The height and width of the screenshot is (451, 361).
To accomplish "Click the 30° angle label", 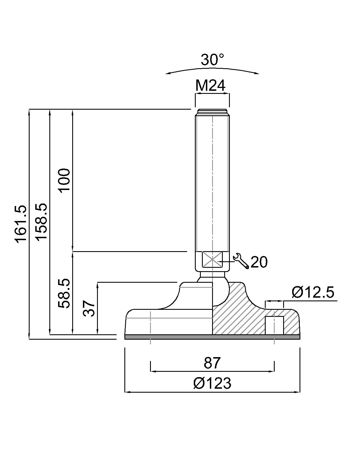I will pyautogui.click(x=212, y=60).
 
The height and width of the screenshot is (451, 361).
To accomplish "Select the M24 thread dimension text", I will pyautogui.click(x=211, y=86).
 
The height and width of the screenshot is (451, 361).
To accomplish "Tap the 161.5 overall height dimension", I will pyautogui.click(x=21, y=224).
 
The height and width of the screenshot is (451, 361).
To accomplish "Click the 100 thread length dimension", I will pyautogui.click(x=64, y=180).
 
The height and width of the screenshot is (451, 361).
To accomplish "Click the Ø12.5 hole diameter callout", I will pyautogui.click(x=312, y=292).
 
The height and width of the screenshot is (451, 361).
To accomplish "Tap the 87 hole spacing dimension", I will pyautogui.click(x=212, y=363).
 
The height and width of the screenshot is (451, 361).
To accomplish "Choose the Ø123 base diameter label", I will pyautogui.click(x=212, y=383).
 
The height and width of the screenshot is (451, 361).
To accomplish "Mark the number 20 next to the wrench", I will pyautogui.click(x=259, y=262).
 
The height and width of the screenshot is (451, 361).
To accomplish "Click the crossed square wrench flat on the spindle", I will pyautogui.click(x=212, y=260).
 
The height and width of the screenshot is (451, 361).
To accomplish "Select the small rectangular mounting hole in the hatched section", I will pyautogui.click(x=274, y=325).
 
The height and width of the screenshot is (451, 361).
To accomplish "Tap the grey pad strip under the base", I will pyautogui.click(x=212, y=337).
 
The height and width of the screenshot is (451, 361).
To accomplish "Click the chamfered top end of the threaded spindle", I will pyautogui.click(x=212, y=111).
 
